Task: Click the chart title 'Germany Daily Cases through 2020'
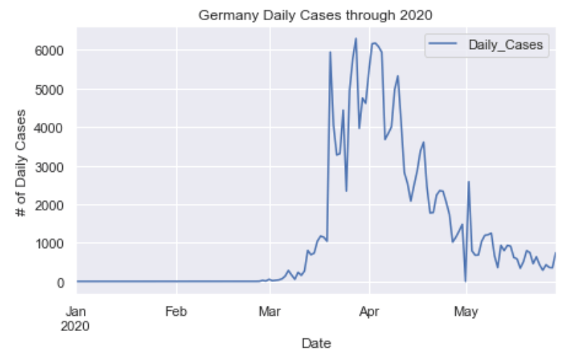315,15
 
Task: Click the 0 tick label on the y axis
64,283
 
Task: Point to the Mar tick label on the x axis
270,312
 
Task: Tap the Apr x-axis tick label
369,312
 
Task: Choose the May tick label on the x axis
466,312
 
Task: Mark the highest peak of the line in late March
356,39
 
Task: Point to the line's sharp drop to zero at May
465,280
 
